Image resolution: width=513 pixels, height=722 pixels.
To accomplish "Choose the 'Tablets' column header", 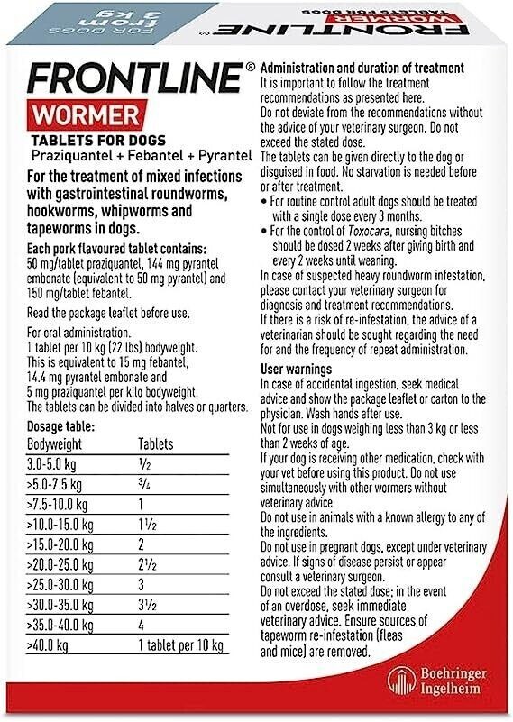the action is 156,444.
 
